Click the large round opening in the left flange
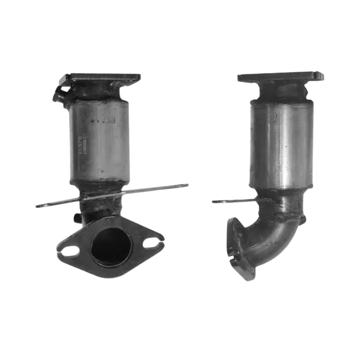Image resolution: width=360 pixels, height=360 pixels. pos(110,247)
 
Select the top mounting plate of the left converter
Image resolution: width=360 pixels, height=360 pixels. pos(104,78)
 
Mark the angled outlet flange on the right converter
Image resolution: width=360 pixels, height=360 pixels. pos(238,248)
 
